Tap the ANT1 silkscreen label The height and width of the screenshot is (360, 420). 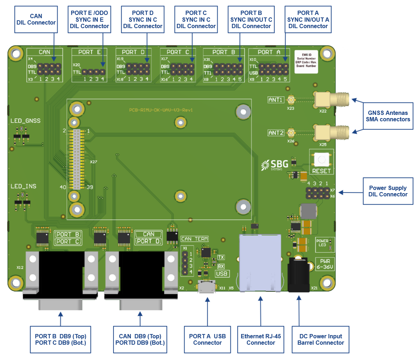pyautogui.click(x=276, y=100)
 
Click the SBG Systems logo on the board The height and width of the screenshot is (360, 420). pyautogui.click(x=275, y=165)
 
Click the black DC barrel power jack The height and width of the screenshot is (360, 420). pyautogui.click(x=298, y=275)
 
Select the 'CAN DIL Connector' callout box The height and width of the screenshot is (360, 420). pyautogui.click(x=36, y=20)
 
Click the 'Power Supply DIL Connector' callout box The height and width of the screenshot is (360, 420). pyautogui.click(x=388, y=191)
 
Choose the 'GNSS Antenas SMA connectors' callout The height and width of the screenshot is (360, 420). pyautogui.click(x=388, y=116)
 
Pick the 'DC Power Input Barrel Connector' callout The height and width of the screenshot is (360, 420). pyautogui.click(x=320, y=339)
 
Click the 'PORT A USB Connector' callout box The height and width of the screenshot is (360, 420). pyautogui.click(x=207, y=339)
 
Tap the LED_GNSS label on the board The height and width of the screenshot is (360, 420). pyautogui.click(x=26, y=121)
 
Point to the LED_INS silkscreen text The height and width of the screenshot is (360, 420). pyautogui.click(x=23, y=186)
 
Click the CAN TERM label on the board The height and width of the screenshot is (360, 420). pyautogui.click(x=195, y=239)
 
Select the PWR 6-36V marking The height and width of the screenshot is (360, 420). pyautogui.click(x=325, y=264)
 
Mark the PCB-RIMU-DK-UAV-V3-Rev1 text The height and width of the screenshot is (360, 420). pyautogui.click(x=161, y=110)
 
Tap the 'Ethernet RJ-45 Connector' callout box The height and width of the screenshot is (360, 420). pyautogui.click(x=261, y=339)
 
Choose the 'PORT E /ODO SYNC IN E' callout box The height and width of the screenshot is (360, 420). pyautogui.click(x=89, y=20)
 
